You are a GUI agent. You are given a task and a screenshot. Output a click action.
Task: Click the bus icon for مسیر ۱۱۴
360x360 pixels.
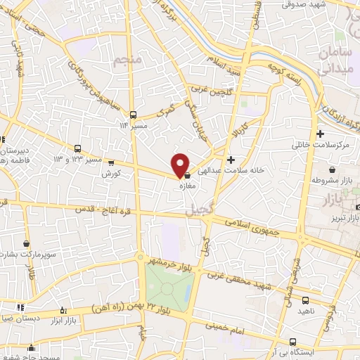click(x=133, y=114)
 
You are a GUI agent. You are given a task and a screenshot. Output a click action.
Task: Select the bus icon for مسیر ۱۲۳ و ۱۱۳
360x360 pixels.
click(x=77, y=148)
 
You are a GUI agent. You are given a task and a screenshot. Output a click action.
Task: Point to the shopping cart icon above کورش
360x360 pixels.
click(x=110, y=163)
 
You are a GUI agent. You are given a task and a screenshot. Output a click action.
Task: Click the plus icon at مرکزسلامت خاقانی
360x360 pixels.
click(x=321, y=134)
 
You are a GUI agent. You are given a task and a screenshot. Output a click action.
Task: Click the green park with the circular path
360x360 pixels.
click(x=169, y=289)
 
